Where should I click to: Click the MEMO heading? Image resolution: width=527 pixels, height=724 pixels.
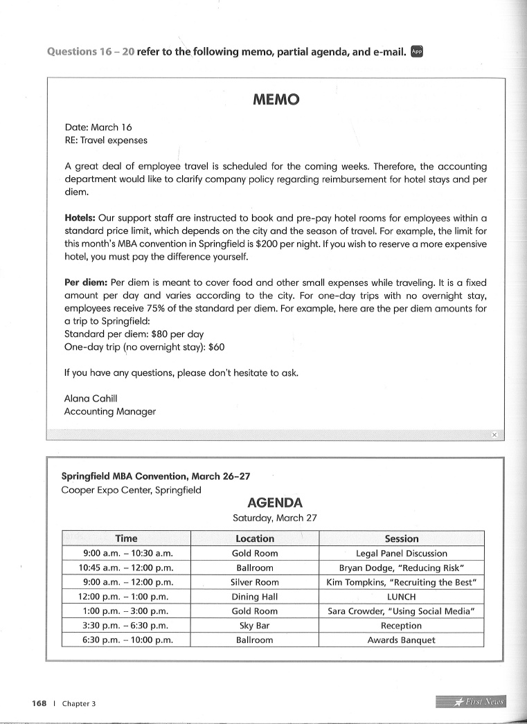pos(276,100)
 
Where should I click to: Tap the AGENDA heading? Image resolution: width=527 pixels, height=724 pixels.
pos(275,503)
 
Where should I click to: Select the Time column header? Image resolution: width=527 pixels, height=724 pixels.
pos(126,539)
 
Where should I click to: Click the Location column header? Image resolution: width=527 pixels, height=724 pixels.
pos(255,539)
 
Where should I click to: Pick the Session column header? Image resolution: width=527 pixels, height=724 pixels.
pos(402,539)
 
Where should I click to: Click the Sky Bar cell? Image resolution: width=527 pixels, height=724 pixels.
pos(255,626)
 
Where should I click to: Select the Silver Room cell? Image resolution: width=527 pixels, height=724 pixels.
pos(255,582)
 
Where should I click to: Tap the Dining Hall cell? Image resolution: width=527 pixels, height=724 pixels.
pos(255,597)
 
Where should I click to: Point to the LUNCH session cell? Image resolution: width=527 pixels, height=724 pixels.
pos(402,597)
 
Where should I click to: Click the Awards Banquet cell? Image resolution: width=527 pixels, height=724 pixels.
pos(402,640)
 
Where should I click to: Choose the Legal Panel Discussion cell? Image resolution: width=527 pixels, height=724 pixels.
pos(402,553)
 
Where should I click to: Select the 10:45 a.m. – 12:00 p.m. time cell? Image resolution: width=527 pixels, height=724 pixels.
pos(126,568)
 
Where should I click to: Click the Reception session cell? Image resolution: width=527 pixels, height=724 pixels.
pos(402,626)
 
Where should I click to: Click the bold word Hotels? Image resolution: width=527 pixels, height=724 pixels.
pos(80,218)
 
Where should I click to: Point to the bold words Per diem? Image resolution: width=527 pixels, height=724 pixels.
pos(85,283)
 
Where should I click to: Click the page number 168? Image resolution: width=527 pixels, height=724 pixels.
pos(39,703)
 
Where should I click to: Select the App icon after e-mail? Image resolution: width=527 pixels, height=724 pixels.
pos(417,51)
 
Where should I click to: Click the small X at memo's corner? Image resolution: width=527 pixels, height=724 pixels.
pos(494,435)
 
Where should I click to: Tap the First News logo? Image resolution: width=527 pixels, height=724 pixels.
pos(471,702)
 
